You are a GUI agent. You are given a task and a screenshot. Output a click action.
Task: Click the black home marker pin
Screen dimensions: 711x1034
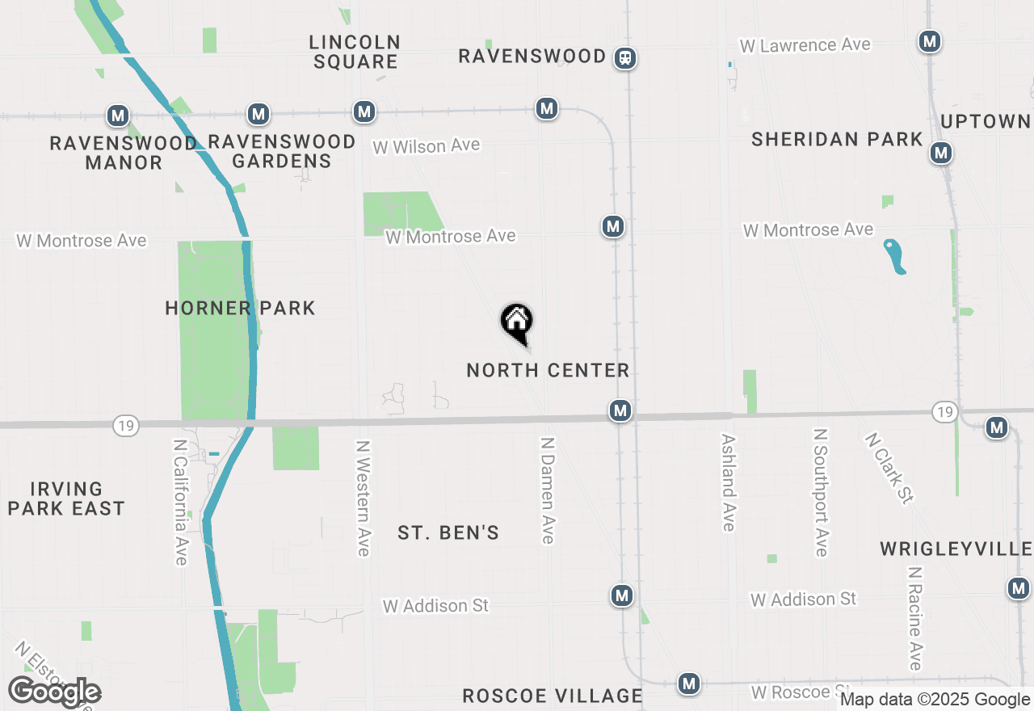tap(517, 322)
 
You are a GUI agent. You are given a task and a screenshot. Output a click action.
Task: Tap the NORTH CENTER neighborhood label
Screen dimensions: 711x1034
tap(548, 370)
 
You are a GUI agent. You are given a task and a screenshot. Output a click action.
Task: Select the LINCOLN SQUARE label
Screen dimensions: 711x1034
tap(355, 52)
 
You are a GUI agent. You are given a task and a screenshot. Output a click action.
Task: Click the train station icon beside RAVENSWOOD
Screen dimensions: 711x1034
tap(624, 58)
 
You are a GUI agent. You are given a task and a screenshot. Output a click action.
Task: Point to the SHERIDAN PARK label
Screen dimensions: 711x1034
tap(837, 139)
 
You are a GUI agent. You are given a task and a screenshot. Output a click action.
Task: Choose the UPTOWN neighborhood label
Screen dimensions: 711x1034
tap(986, 121)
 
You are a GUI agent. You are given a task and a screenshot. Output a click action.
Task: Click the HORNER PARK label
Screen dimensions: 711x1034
tap(240, 308)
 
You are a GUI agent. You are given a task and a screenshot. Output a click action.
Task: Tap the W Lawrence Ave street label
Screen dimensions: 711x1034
tap(805, 45)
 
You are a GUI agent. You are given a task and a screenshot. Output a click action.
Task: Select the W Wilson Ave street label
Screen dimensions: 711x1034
tap(426, 146)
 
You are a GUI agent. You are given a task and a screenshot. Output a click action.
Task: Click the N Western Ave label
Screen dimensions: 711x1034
tap(364, 498)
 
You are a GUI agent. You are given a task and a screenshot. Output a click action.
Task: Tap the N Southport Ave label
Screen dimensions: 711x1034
tap(821, 492)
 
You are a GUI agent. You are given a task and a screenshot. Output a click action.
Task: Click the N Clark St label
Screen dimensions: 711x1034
tap(889, 469)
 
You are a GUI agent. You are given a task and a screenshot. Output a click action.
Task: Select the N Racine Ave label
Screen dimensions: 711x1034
tap(914, 618)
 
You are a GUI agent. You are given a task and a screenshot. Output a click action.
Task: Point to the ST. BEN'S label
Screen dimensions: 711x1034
tap(448, 532)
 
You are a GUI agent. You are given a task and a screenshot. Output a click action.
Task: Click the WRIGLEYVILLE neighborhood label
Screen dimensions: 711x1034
tap(956, 549)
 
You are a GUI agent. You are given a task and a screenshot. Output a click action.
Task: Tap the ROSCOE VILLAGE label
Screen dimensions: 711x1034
tap(553, 696)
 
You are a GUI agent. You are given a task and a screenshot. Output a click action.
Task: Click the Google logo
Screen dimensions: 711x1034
tap(55, 692)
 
